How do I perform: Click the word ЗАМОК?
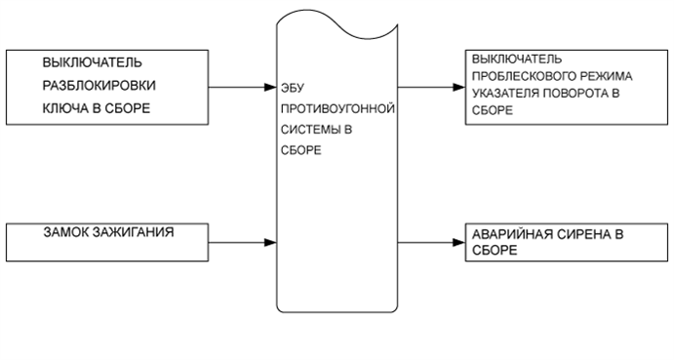65,232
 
